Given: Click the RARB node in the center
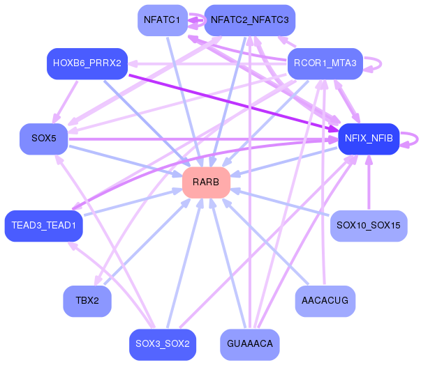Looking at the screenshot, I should coord(206,182).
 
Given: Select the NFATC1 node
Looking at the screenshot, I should coord(162,20).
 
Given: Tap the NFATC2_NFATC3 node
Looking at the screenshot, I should coord(249,20).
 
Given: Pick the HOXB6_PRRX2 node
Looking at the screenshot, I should coord(87,63).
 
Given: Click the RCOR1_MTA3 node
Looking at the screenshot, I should coord(325,63).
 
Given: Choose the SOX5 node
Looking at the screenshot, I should coord(43,139).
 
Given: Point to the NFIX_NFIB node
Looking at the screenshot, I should coord(368,139).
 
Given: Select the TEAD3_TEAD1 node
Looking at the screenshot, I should coord(43,226).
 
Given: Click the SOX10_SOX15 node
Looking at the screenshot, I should coord(368,226).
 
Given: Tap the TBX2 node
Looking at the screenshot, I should coord(87,301).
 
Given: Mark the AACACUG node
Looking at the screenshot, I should coord(325,301).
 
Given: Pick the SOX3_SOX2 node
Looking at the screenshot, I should coord(162,344).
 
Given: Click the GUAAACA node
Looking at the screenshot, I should coord(249,344).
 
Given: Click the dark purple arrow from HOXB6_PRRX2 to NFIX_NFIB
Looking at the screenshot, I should coord(230,100).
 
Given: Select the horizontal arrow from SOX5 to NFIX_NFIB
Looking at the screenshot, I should coord(202,139).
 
